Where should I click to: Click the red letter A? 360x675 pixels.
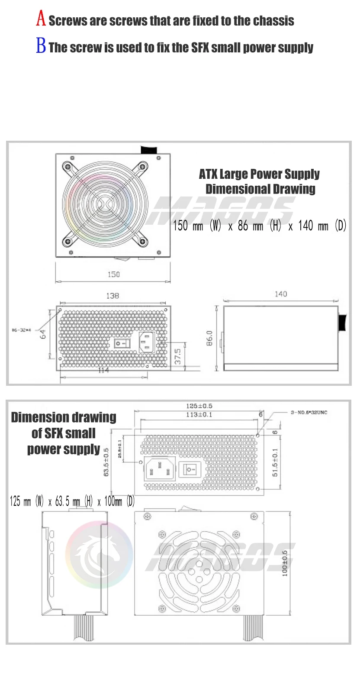[41, 19]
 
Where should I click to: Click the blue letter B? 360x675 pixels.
[41, 46]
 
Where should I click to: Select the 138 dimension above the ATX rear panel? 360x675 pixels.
[112, 296]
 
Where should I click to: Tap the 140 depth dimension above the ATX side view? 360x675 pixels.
[280, 294]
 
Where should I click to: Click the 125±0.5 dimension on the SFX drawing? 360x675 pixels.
[199, 406]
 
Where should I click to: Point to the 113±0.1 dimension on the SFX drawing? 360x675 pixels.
[199, 415]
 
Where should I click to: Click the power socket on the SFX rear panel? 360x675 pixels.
[160, 468]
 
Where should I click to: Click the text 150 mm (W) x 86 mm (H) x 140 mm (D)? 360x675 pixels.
[260, 226]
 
